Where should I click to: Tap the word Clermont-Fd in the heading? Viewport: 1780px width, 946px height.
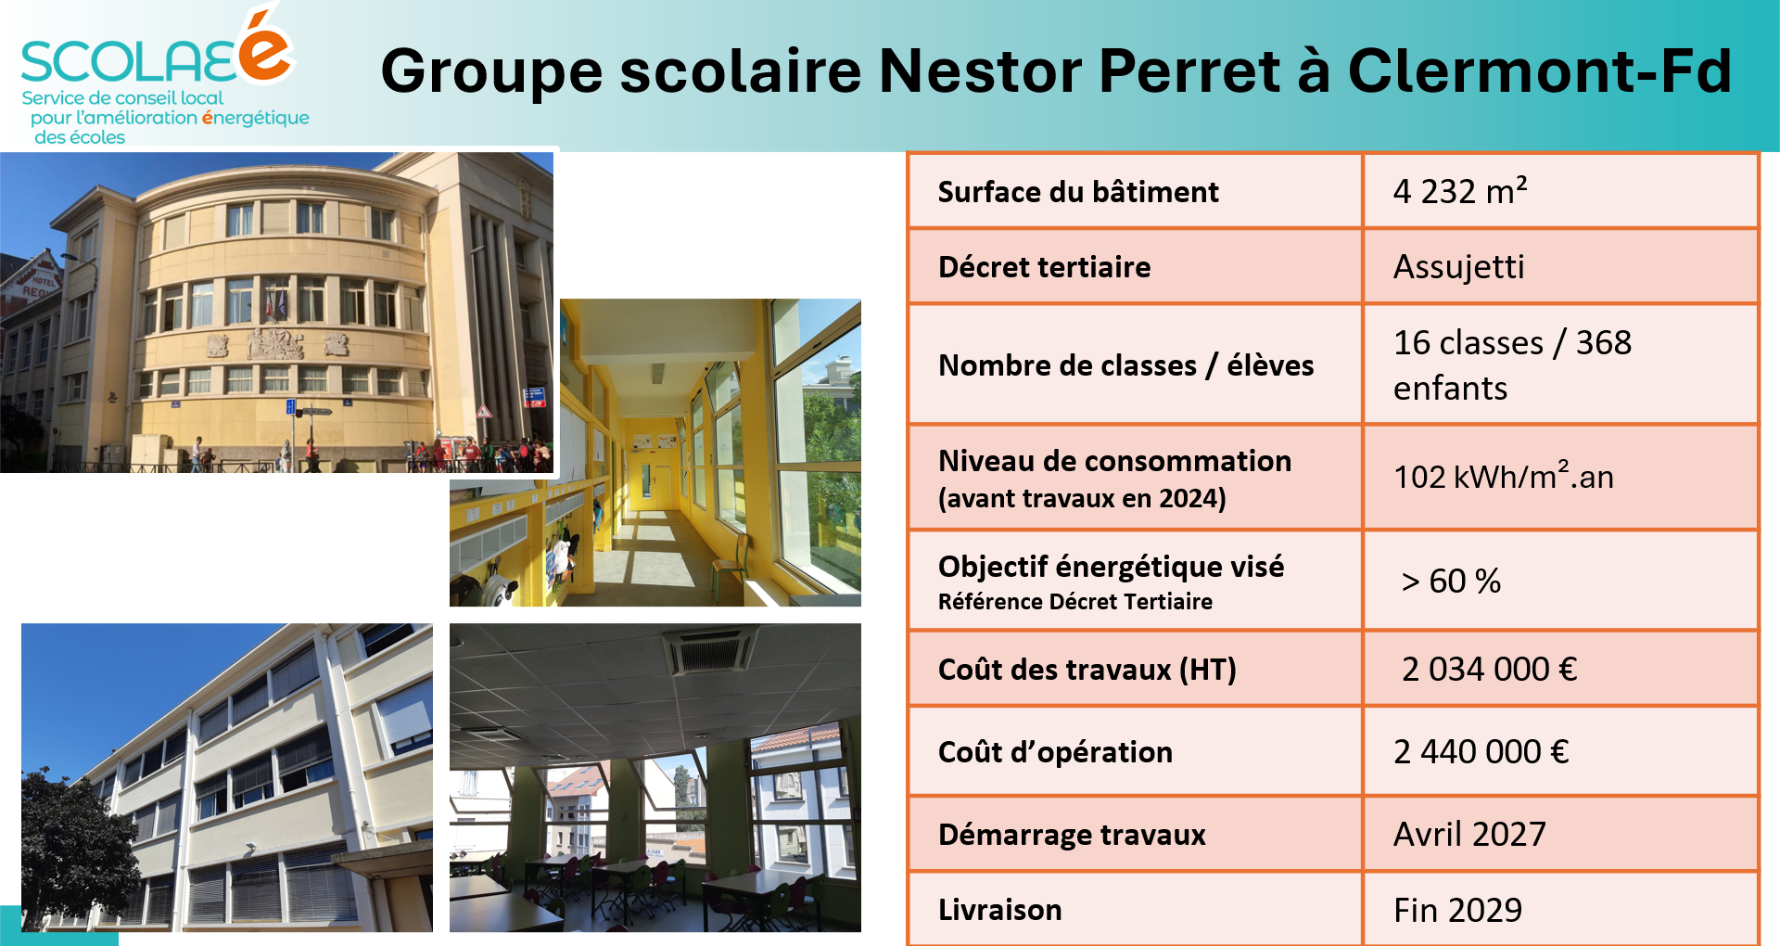[x=1540, y=70]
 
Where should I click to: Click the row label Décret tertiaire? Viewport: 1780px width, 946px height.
[x=1044, y=267]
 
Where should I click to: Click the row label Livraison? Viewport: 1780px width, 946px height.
[x=999, y=910]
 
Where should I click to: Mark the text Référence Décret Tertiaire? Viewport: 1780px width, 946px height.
[x=1074, y=602]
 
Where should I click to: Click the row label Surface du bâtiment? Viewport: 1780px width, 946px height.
[x=1078, y=192]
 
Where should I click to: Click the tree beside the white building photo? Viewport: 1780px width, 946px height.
[x=79, y=849]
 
